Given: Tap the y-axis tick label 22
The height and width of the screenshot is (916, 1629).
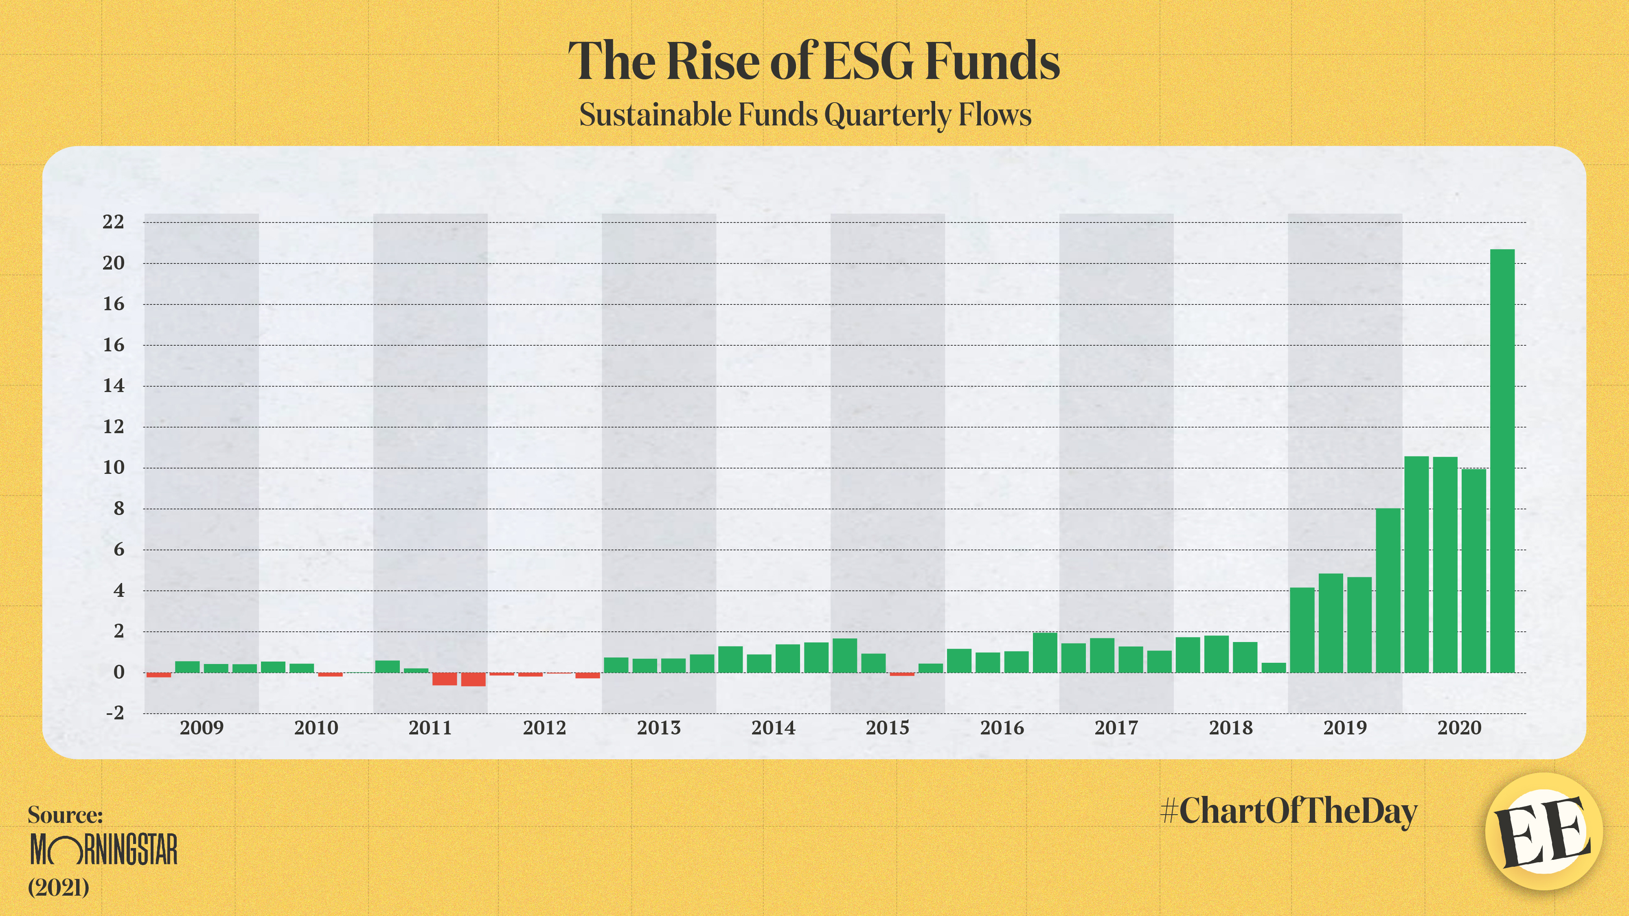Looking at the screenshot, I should click(113, 222).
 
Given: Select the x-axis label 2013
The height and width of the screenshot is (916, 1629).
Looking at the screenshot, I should click(658, 728).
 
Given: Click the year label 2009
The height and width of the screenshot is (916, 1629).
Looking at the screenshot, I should click(201, 728).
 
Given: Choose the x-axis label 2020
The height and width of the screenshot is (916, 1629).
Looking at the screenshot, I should click(1459, 728).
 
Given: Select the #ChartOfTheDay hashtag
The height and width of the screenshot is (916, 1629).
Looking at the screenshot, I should click(1289, 811).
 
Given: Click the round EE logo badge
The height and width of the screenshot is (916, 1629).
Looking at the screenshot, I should click(1543, 831).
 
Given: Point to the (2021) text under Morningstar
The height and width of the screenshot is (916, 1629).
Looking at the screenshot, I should click(58, 888).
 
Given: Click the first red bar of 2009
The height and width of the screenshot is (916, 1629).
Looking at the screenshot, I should click(159, 675).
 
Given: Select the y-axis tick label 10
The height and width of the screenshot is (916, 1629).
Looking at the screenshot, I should click(113, 468).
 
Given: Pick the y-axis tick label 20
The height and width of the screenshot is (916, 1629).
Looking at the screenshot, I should click(113, 263).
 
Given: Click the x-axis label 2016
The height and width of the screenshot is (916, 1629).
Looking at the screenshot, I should click(1002, 728).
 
